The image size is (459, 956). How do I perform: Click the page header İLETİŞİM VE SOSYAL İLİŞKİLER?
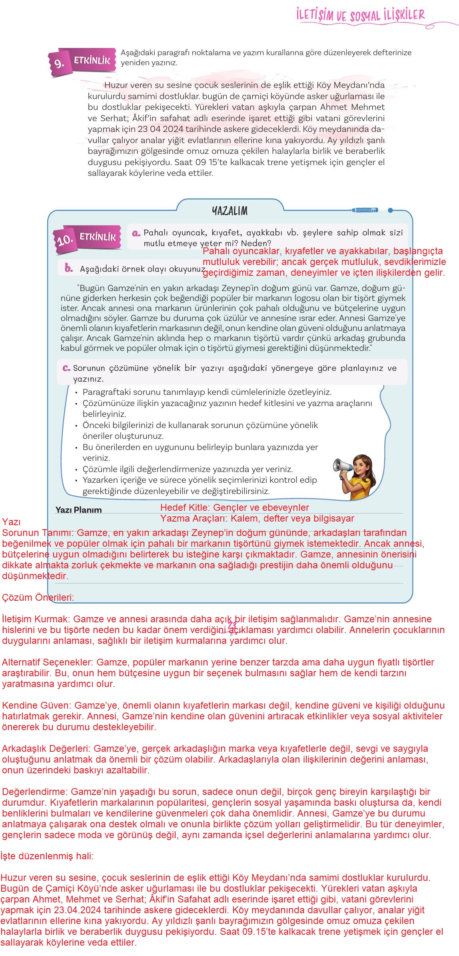360,16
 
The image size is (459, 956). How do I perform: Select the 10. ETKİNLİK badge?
88,238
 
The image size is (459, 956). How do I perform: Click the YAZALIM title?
229,211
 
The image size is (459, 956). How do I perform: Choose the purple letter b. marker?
69,269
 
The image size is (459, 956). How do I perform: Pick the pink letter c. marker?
66,368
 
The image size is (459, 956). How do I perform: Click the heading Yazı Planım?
78,510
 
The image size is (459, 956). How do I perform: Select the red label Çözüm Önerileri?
38,597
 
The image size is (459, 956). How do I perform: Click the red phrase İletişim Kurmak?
36,619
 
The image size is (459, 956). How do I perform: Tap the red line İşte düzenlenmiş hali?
47,856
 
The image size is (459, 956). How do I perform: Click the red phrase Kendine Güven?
37,705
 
